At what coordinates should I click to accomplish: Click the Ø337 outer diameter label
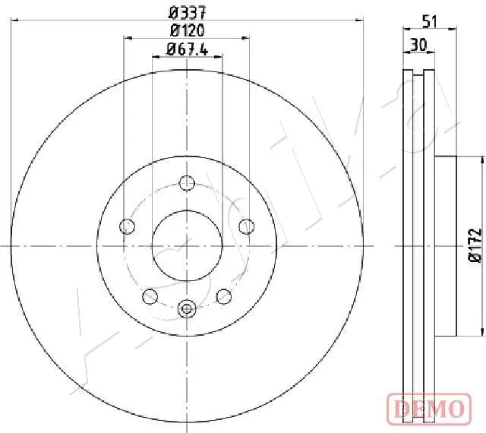coord(187,12)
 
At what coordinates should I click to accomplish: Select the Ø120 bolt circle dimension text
coord(187,31)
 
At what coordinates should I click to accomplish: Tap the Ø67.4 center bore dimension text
coord(187,51)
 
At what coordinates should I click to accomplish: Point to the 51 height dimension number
coord(430,22)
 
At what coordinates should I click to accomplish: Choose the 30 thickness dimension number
coord(416,45)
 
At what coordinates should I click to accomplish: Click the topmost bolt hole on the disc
coord(187,182)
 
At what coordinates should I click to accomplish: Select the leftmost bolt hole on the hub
coord(128,226)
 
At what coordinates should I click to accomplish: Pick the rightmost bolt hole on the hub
coord(246,226)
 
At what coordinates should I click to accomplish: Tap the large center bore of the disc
coord(187,245)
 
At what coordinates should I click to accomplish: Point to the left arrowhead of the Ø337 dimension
coord(14,21)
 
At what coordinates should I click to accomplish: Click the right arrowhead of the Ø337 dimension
coord(361,21)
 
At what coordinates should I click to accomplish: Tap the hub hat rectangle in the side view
coord(446,245)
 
